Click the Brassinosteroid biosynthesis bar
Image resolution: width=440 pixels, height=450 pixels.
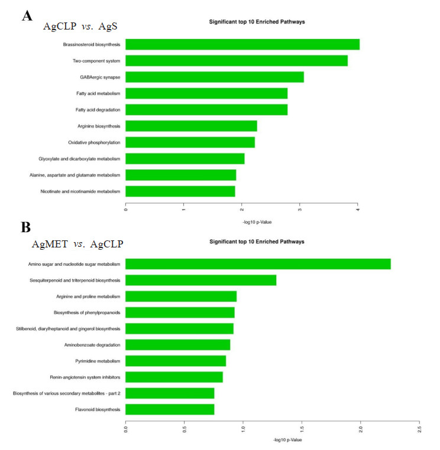click(242, 44)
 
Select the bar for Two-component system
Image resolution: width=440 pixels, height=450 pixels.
click(237, 61)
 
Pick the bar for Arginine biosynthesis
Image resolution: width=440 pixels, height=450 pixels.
click(191, 126)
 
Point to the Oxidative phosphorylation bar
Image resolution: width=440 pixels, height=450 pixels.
click(190, 142)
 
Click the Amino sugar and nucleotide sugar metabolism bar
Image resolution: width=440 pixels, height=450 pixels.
click(258, 264)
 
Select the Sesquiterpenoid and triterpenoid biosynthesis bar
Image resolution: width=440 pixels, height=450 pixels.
click(200, 280)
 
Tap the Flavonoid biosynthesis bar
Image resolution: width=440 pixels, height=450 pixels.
click(170, 409)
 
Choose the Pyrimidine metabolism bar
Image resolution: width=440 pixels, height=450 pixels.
click(176, 361)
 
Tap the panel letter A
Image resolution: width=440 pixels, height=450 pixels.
click(27, 15)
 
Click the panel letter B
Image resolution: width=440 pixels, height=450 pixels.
click(26, 227)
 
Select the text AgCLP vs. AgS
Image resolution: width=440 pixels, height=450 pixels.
click(77, 27)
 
